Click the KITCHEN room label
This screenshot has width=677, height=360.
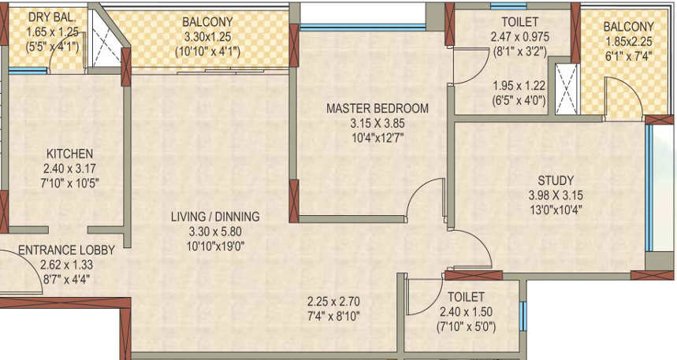click(x=69, y=154)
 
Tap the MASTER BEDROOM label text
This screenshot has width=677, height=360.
click(x=378, y=109)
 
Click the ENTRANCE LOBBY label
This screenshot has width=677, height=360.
click(x=66, y=250)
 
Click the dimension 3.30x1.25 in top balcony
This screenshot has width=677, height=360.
click(x=206, y=36)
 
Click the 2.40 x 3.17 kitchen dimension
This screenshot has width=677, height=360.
click(x=69, y=169)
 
